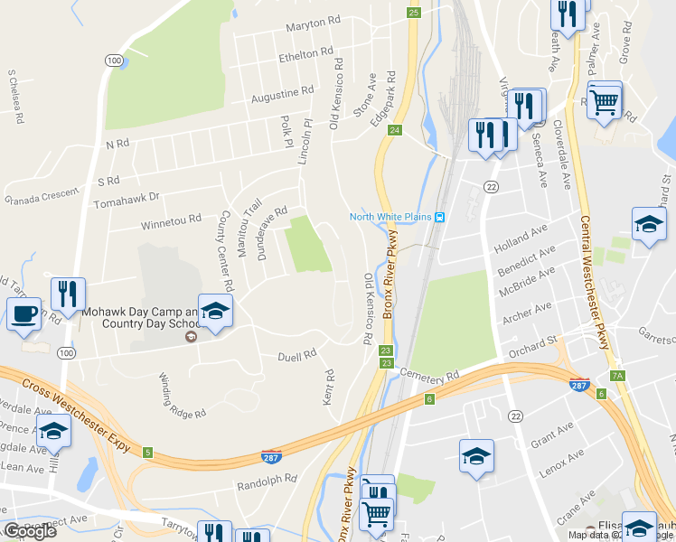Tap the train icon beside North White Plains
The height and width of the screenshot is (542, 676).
tap(439, 216)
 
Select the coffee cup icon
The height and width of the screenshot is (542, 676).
tap(23, 315)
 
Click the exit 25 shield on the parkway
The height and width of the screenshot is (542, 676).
tap(413, 12)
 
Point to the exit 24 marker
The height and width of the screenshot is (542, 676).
tap(395, 130)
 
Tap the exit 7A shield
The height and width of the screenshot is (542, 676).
tap(618, 376)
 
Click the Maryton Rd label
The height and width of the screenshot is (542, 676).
tap(313, 25)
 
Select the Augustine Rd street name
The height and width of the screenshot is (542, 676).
tap(282, 93)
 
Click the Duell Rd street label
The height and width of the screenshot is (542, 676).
tap(296, 356)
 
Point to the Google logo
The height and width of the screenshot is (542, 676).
tap(30, 531)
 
